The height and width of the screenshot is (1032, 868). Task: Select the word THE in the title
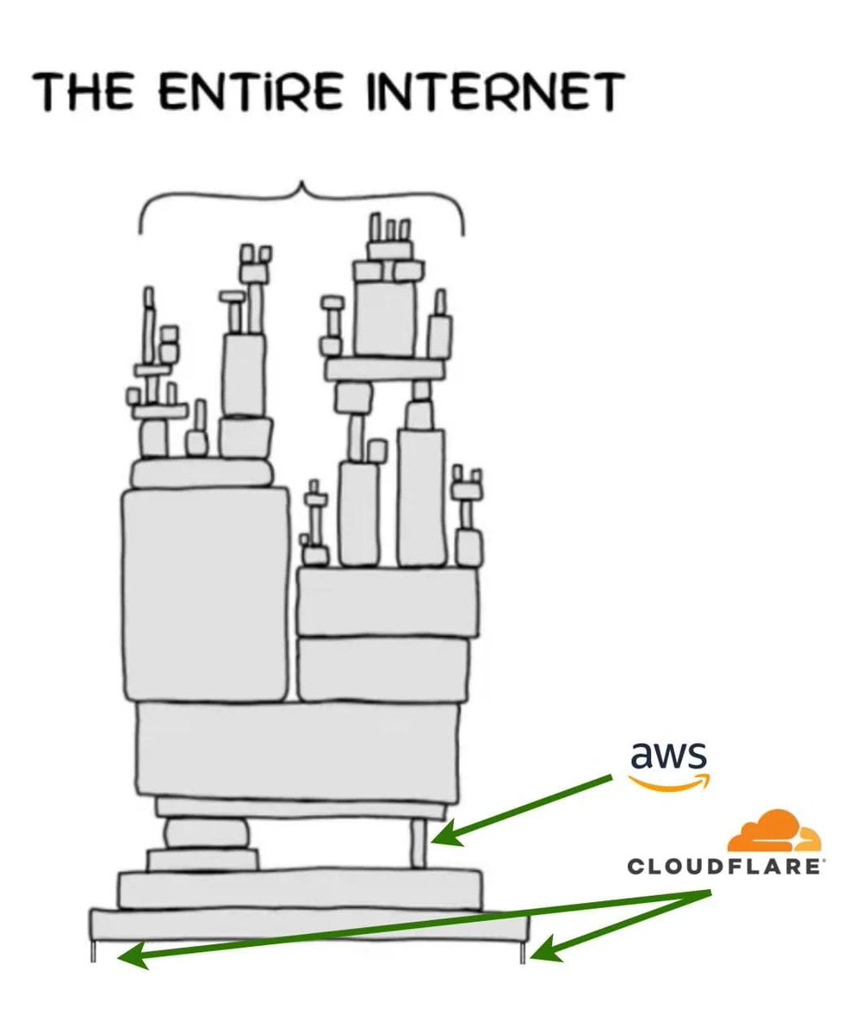84,92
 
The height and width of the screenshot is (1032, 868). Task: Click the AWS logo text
669,755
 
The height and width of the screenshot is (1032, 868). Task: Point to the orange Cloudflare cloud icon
772,831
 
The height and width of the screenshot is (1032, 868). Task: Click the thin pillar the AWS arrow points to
418,844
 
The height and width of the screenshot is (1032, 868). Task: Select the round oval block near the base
206,832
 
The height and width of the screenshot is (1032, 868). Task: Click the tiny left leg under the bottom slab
94,950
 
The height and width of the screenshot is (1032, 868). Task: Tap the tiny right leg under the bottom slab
522,951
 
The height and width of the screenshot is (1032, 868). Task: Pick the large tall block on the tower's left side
205,594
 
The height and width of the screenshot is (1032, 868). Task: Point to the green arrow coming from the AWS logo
525,807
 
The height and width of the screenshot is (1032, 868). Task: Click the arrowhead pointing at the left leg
129,956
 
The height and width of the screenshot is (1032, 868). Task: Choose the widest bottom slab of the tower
308,925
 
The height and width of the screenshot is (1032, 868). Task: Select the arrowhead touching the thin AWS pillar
441,836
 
